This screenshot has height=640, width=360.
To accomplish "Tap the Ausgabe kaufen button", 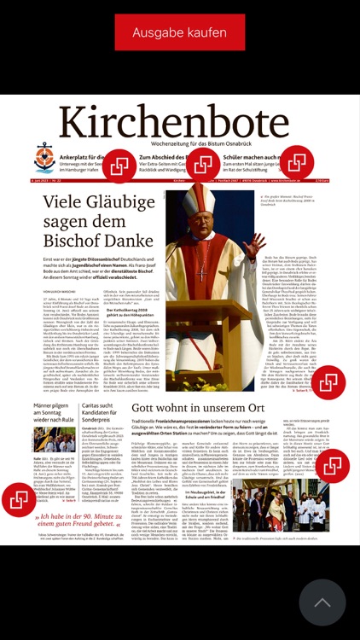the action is (179, 32).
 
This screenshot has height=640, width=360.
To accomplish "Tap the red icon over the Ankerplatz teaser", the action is (120, 164).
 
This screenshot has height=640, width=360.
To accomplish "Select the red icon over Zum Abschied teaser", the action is (204, 165).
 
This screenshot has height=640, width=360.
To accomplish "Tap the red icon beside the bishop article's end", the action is (328, 382).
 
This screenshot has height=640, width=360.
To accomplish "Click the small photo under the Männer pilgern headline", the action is (55, 440).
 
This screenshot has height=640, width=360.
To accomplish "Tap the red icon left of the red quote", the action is (19, 500).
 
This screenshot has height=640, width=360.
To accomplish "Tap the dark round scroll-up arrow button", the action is (322, 602).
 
